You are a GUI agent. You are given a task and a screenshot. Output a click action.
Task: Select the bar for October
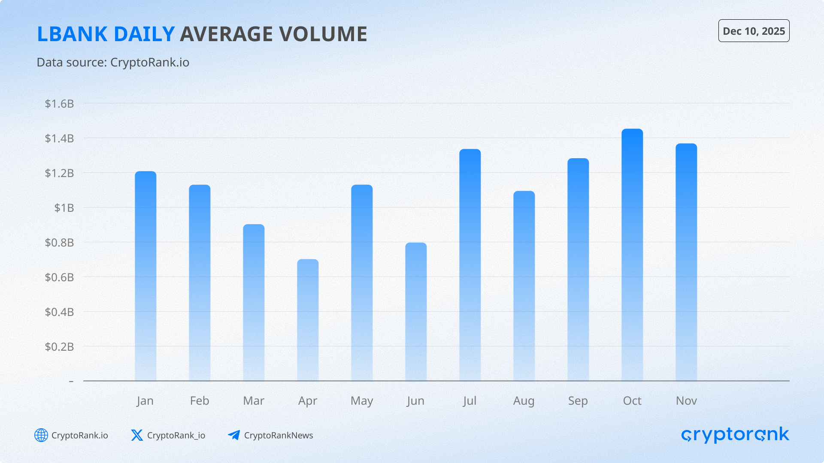(x=632, y=255)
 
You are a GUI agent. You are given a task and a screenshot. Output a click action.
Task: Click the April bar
(x=308, y=320)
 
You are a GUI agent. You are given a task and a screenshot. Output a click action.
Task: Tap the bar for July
(x=470, y=265)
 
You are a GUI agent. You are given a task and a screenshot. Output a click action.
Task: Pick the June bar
(x=416, y=312)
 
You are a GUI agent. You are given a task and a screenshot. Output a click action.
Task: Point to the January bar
(x=145, y=276)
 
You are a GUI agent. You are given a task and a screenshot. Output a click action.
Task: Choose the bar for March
(x=254, y=302)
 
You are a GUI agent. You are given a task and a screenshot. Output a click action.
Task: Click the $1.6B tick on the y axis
(x=59, y=104)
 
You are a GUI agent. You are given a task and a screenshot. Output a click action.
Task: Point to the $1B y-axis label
(x=64, y=208)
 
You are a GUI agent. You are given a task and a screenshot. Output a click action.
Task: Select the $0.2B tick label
(x=59, y=346)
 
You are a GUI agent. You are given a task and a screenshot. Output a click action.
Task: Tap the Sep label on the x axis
(x=578, y=401)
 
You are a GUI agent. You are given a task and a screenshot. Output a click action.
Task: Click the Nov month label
(x=686, y=401)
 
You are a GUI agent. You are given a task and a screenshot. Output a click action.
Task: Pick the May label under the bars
(x=362, y=401)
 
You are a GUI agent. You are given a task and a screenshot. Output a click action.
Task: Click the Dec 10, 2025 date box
(x=754, y=31)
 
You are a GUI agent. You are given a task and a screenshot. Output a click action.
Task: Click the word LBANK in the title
(x=72, y=34)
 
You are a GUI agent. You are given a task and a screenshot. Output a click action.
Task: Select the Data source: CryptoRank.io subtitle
(x=113, y=63)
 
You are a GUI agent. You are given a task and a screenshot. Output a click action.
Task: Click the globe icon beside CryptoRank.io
(x=41, y=435)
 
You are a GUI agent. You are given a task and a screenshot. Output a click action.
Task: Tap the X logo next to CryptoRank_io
(x=137, y=435)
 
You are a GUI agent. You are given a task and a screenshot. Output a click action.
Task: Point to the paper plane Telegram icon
(x=234, y=435)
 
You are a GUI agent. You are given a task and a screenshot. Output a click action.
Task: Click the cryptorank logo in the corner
(x=735, y=435)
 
